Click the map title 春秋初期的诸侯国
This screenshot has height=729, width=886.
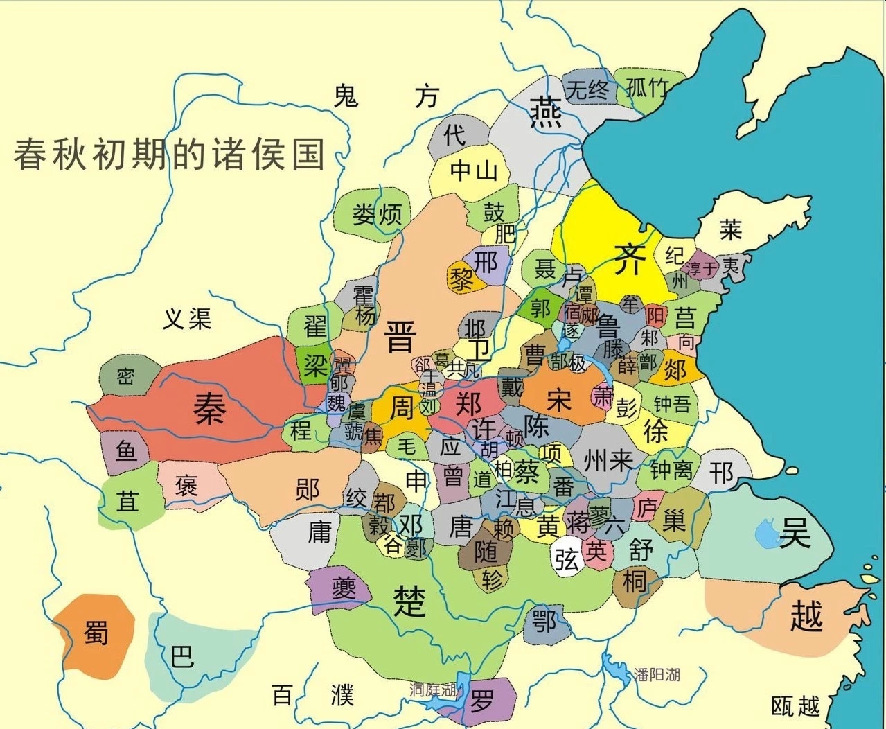[170, 153]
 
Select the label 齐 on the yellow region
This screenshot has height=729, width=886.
[630, 259]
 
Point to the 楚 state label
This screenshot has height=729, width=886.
[409, 600]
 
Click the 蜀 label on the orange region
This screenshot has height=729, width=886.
[96, 632]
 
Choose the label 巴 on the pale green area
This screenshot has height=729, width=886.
[182, 655]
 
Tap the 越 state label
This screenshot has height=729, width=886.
[807, 616]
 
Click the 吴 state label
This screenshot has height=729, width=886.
[795, 533]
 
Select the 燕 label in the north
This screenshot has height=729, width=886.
[545, 112]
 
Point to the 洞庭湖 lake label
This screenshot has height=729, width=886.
[434, 690]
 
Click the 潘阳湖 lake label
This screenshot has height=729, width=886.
[657, 674]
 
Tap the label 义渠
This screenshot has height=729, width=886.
[187, 319]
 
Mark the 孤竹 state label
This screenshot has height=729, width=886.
[648, 88]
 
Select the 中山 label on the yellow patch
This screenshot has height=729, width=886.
[474, 170]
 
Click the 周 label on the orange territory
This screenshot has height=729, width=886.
[400, 408]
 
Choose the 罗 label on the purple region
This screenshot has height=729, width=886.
[482, 701]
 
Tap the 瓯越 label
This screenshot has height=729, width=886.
[795, 706]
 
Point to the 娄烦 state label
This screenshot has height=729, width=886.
[377, 214]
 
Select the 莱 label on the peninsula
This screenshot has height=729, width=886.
[730, 229]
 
